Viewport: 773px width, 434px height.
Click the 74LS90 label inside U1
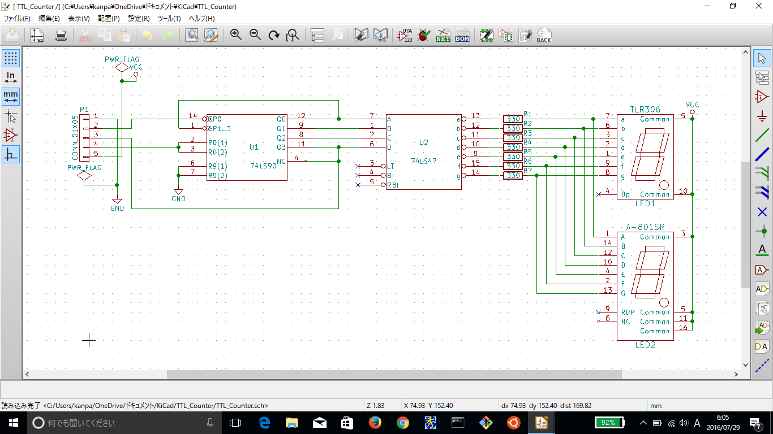point(263,166)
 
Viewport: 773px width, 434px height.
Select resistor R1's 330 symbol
point(513,119)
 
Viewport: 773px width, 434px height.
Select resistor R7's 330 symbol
point(513,176)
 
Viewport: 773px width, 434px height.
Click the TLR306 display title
point(645,110)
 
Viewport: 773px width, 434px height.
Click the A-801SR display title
point(645,227)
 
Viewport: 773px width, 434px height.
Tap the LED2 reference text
point(645,345)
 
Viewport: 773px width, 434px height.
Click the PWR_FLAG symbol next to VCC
point(122,67)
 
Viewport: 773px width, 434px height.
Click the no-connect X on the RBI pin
point(358,185)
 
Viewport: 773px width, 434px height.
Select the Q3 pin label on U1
point(281,147)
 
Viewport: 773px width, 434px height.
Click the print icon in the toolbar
point(61,36)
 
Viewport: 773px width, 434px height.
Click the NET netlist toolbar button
point(443,36)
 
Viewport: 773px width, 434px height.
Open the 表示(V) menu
point(79,19)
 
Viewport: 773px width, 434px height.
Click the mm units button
point(11,96)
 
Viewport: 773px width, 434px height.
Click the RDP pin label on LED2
point(628,312)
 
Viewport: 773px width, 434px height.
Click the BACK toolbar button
point(543,36)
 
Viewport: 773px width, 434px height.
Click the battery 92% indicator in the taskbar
point(609,422)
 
